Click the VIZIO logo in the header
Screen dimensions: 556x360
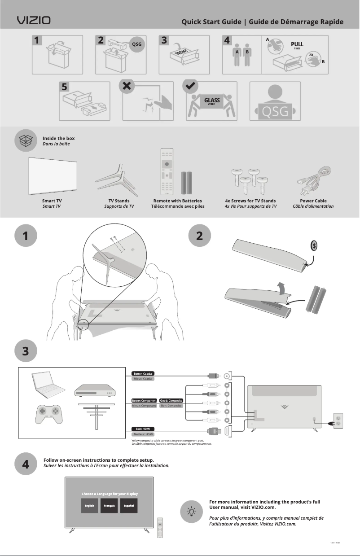point(34,21)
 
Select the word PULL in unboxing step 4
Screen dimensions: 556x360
point(297,44)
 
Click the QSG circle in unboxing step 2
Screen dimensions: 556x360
point(136,44)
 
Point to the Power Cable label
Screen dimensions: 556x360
point(313,201)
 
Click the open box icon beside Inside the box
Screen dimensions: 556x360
point(26,140)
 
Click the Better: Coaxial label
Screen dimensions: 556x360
point(143,373)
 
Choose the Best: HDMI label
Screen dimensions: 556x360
point(143,429)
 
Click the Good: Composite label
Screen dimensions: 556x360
point(171,400)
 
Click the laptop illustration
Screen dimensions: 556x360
point(47,385)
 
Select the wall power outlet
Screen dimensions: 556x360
point(338,421)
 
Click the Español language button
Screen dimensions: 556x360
point(130,506)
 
